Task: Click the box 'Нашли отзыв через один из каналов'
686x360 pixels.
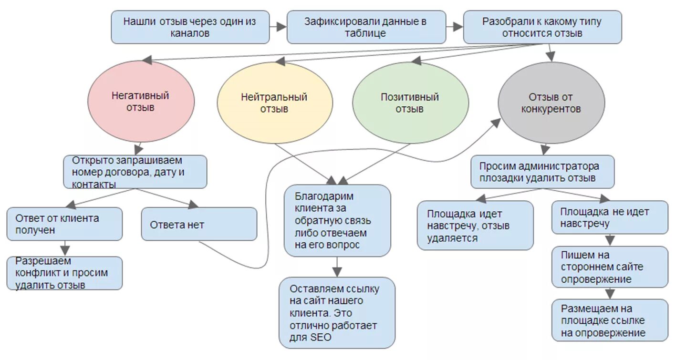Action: pyautogui.click(x=190, y=27)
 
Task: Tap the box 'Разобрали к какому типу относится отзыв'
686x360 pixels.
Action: pyautogui.click(x=542, y=27)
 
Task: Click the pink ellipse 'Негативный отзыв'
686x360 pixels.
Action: pyautogui.click(x=141, y=102)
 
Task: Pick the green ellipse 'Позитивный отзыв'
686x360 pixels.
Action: pyautogui.click(x=410, y=103)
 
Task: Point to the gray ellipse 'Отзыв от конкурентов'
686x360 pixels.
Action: pyautogui.click(x=551, y=103)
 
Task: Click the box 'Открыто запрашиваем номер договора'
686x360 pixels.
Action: pyautogui.click(x=135, y=172)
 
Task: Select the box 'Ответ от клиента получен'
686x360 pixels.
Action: pyautogui.click(x=64, y=224)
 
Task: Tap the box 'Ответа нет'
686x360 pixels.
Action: pyautogui.click(x=199, y=224)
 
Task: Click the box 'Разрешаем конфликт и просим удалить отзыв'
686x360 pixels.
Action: pyautogui.click(x=64, y=273)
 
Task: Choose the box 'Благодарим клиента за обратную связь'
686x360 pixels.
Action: pyautogui.click(x=337, y=221)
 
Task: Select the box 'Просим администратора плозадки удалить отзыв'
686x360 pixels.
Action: pyautogui.click(x=542, y=172)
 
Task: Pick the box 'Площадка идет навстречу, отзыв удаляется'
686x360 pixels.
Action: pyautogui.click(x=475, y=225)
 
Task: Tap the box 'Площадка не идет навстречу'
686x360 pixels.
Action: pyautogui.click(x=610, y=217)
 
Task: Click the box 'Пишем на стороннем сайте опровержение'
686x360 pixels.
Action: pyautogui.click(x=610, y=267)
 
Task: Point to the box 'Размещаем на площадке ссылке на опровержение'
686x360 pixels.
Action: pyautogui.click(x=610, y=320)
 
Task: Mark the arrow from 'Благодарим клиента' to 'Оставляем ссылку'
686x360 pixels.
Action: pyautogui.click(x=337, y=267)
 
